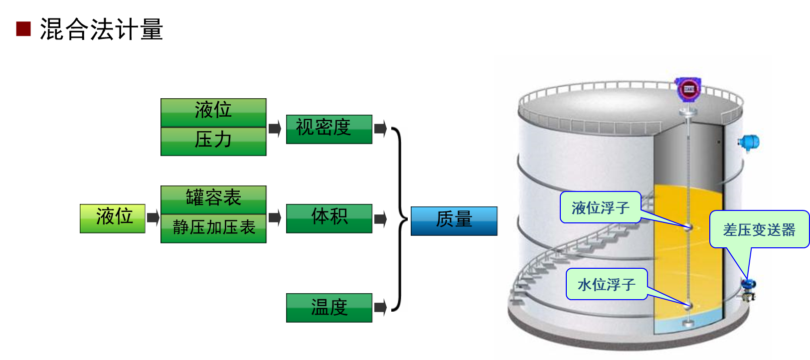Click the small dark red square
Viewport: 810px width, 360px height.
[x=23, y=29]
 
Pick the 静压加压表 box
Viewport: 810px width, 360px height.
[x=213, y=228]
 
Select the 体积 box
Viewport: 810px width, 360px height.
[x=329, y=218]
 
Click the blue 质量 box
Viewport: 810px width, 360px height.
[x=454, y=221]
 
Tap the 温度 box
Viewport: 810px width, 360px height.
[x=329, y=308]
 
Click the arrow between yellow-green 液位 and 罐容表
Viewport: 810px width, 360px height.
[x=153, y=218]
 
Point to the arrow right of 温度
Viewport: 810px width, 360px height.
[x=380, y=307]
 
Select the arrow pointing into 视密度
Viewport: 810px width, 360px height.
[x=275, y=129]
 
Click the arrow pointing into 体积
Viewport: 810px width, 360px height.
[x=275, y=218]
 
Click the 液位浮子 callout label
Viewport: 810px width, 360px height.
[x=600, y=207]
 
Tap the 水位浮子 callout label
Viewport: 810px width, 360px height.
[x=606, y=284]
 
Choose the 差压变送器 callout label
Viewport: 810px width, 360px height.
[x=759, y=229]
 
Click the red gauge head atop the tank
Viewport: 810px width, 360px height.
[x=688, y=89]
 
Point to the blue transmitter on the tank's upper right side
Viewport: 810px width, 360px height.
[x=749, y=142]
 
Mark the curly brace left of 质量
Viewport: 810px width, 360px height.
[x=399, y=219]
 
